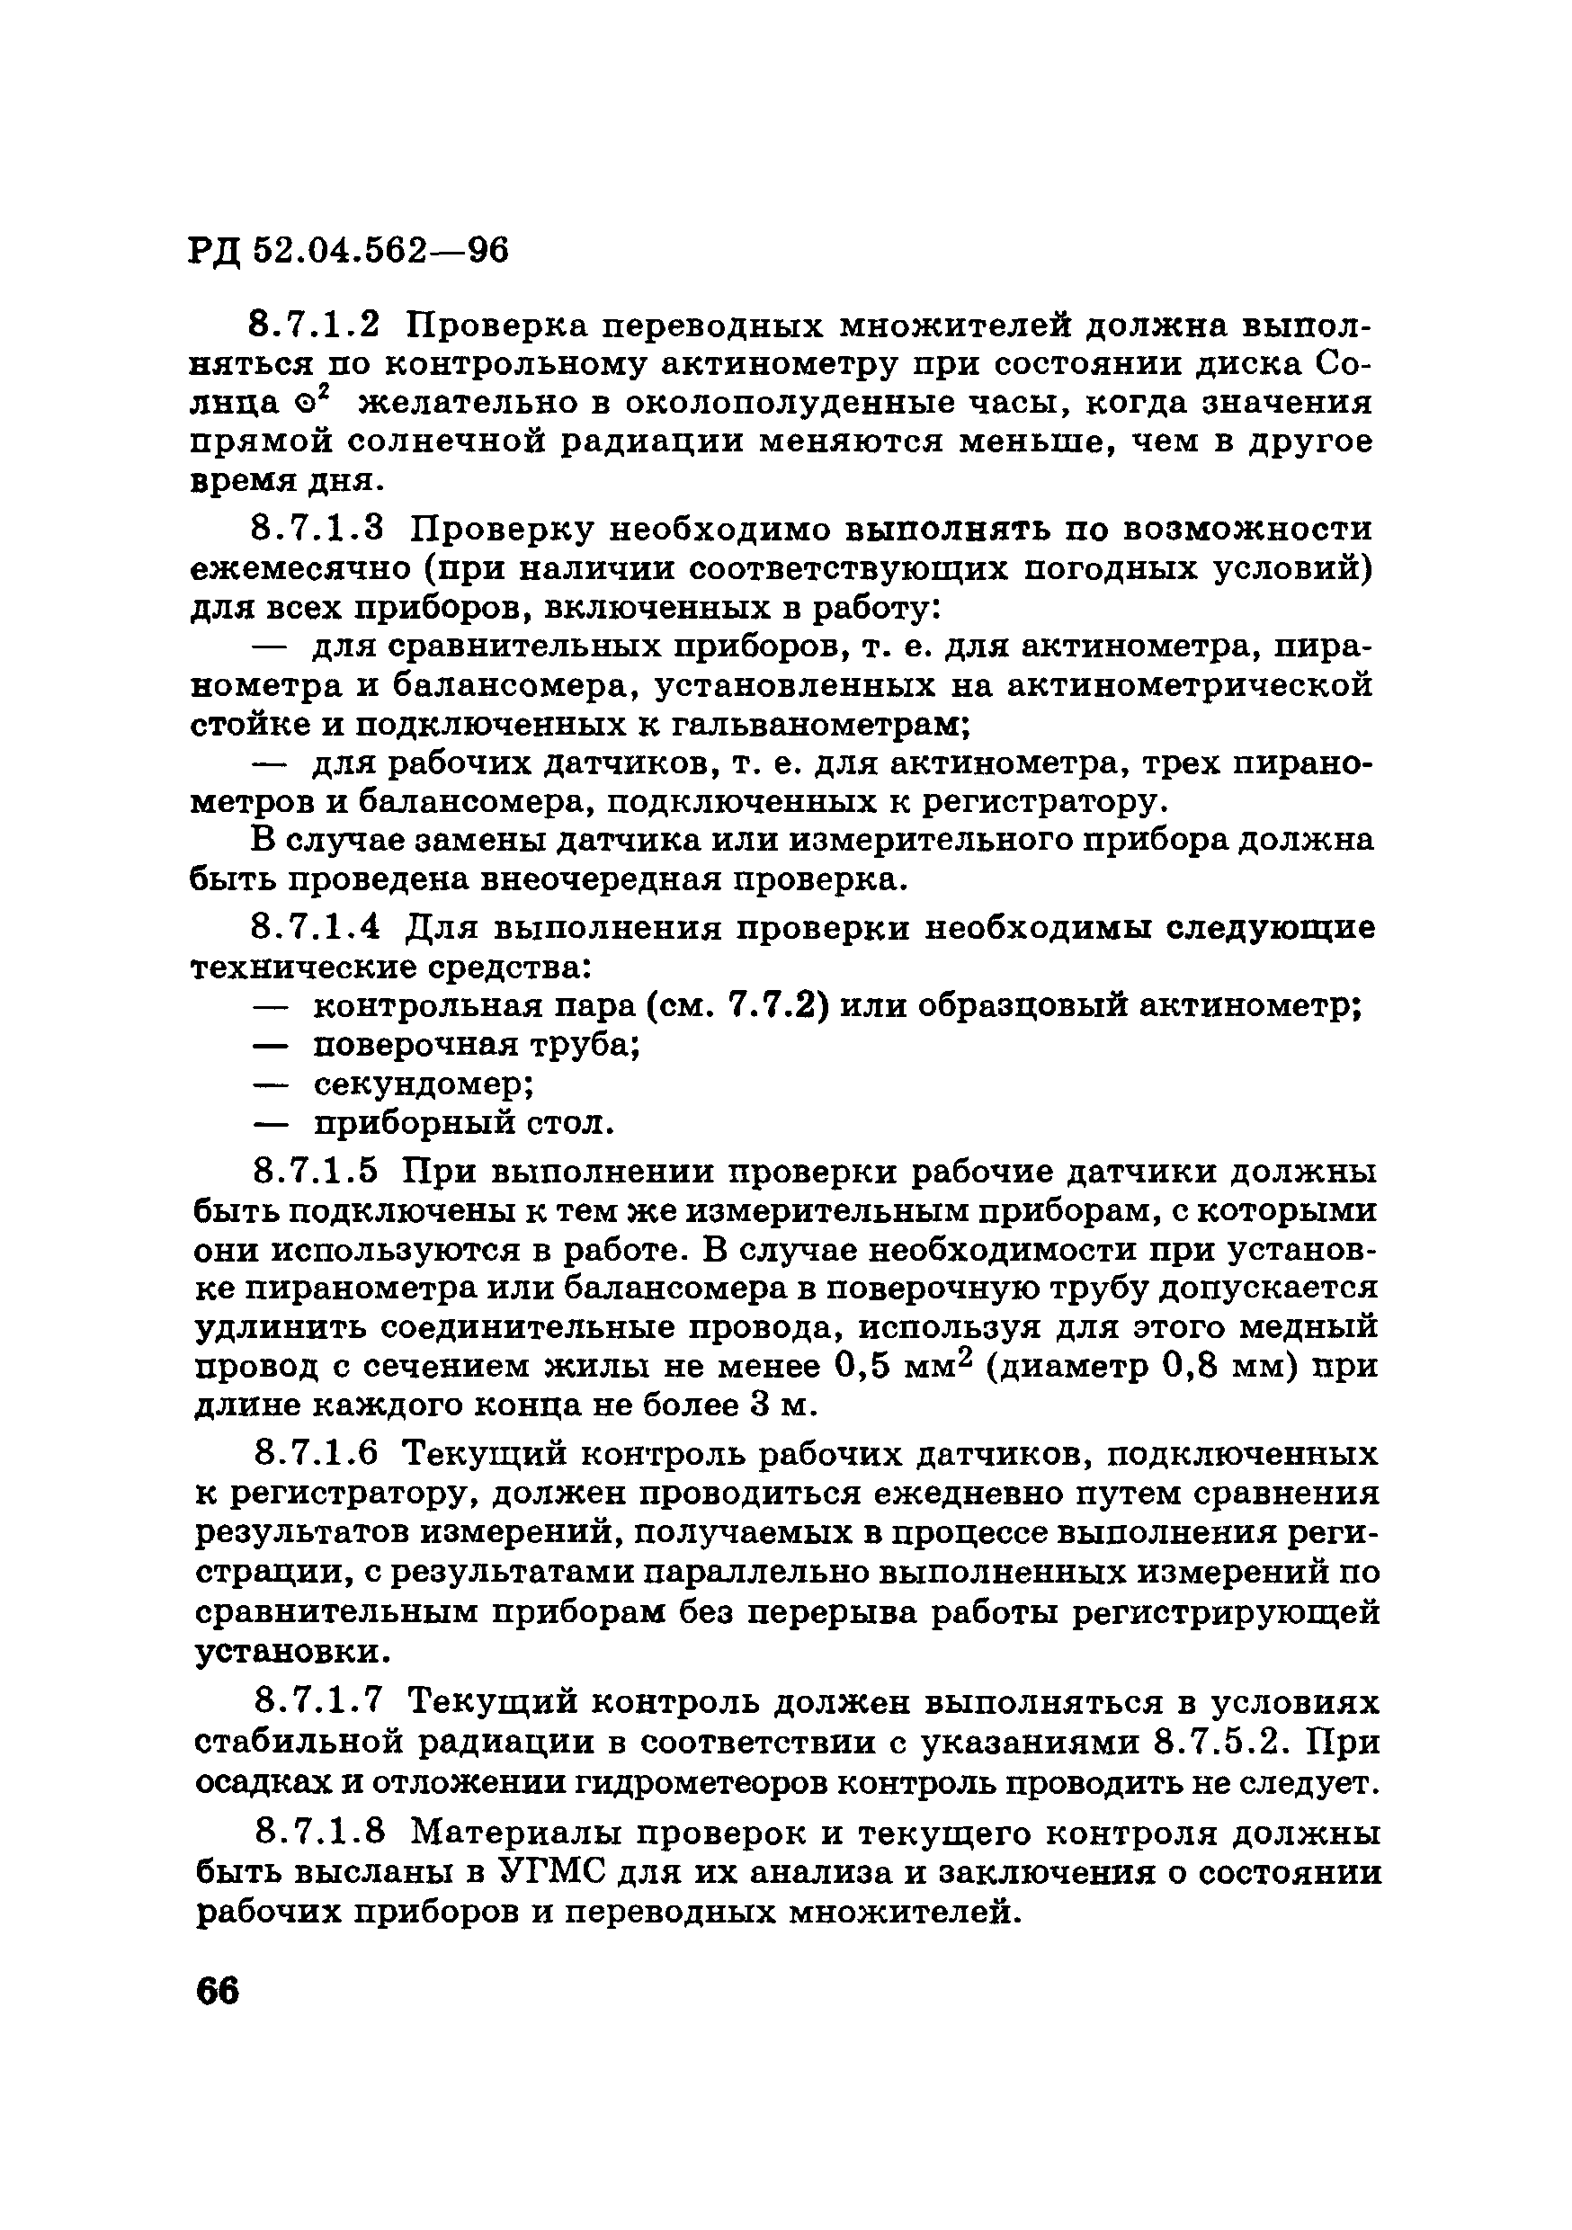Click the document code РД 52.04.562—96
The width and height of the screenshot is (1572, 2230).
(347, 252)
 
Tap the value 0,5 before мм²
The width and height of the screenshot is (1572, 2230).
(863, 1367)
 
